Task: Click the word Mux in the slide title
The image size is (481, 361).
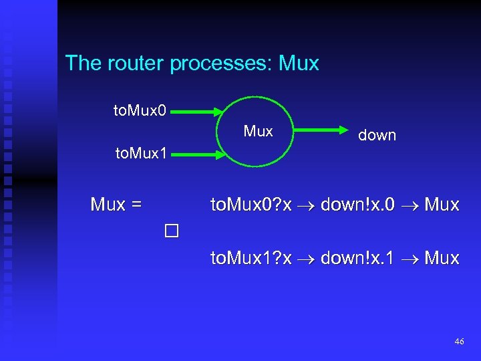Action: (299, 64)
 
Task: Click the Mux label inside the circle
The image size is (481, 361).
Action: (258, 131)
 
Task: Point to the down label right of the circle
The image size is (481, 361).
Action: (377, 135)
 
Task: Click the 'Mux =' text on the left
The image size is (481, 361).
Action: (116, 205)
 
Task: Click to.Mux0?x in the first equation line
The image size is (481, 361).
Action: (251, 205)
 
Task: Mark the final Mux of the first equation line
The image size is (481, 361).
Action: (442, 205)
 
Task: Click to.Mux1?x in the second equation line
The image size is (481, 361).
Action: (251, 258)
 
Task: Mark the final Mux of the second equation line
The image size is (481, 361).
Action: (442, 258)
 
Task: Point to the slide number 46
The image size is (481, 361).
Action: (458, 342)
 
